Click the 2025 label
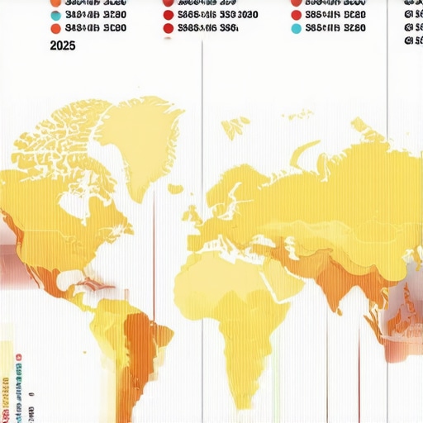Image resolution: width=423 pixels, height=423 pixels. click(63, 46)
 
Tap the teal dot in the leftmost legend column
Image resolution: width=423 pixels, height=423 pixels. click(55, 14)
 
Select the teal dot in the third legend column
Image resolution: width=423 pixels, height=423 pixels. click(297, 27)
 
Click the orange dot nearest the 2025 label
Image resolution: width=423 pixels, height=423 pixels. click(55, 28)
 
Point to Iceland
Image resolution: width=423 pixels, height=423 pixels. click(174, 188)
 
